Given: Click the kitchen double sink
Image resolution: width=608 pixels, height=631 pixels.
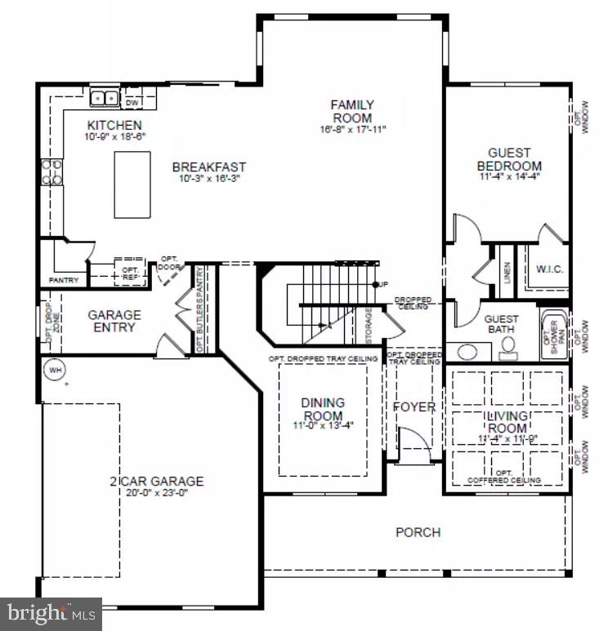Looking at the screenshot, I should [x=105, y=98].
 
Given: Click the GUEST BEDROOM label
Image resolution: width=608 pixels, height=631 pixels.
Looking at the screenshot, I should [x=509, y=159].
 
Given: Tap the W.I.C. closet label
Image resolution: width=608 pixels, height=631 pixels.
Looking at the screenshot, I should [x=550, y=269].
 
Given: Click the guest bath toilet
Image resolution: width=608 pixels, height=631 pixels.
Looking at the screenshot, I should [x=507, y=349].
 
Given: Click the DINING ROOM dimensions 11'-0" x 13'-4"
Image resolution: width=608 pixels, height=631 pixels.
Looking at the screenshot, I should [x=323, y=424].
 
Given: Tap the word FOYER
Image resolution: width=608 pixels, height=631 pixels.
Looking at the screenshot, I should [x=414, y=407].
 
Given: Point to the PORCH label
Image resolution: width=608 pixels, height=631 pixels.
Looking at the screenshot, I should [x=418, y=532].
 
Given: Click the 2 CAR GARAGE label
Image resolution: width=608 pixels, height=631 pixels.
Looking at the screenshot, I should [x=156, y=481].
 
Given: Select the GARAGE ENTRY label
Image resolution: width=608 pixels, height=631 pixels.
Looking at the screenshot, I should [x=114, y=321].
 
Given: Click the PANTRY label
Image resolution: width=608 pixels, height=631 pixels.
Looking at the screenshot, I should [x=64, y=280].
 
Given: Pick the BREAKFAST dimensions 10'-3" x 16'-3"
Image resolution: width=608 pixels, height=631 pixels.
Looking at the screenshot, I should [x=208, y=180].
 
